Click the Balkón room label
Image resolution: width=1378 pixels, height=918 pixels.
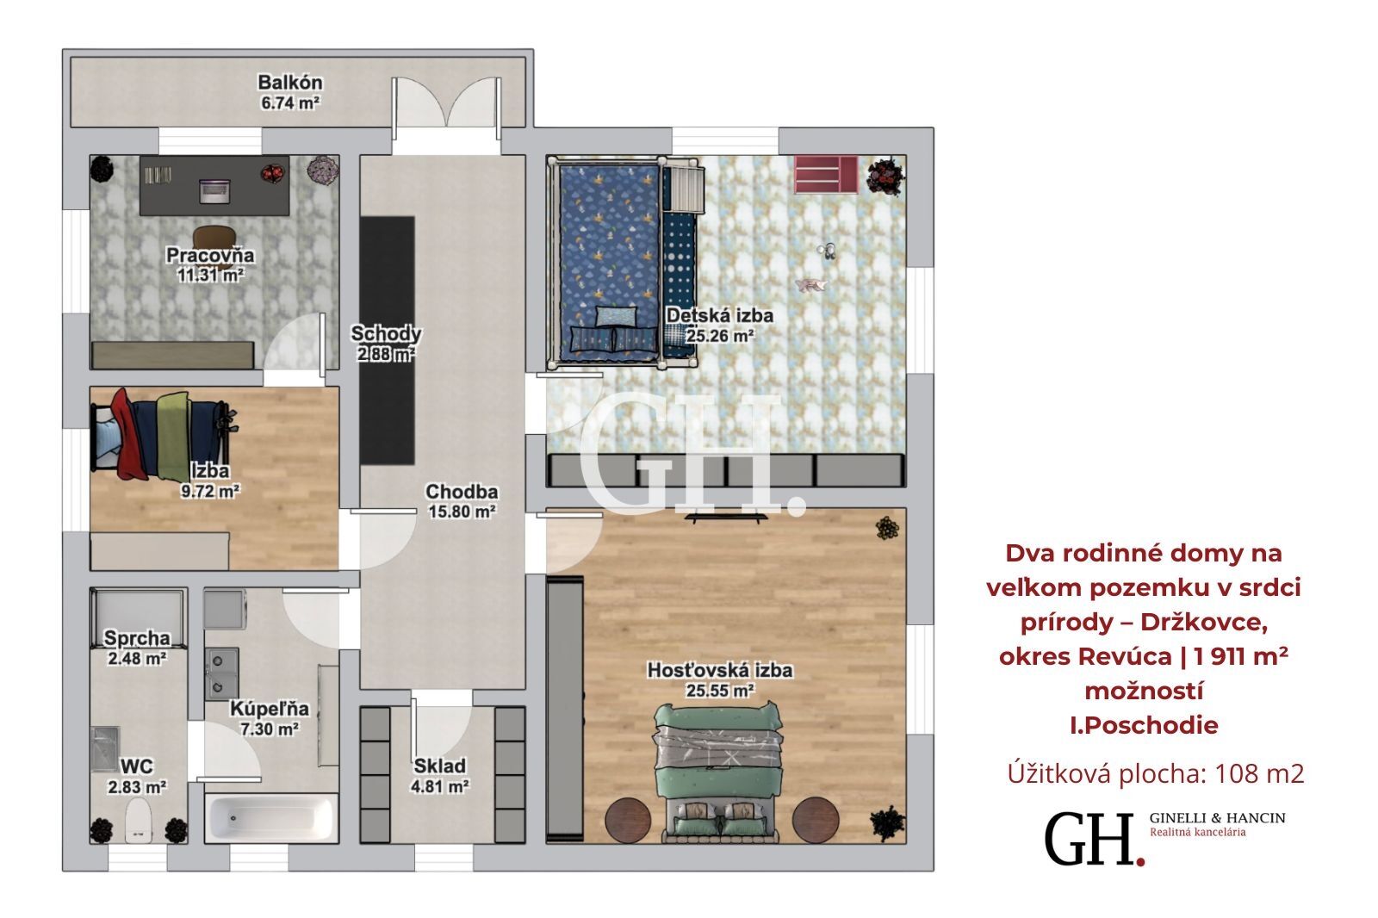(289, 82)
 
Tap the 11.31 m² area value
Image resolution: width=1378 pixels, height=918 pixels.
(210, 275)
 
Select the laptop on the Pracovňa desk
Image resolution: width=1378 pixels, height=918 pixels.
(214, 190)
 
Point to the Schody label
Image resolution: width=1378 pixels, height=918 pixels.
(386, 333)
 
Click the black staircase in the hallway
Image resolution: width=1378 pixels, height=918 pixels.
(387, 340)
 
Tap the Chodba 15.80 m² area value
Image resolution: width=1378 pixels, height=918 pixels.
(462, 512)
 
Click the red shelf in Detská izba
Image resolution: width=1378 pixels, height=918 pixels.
(826, 174)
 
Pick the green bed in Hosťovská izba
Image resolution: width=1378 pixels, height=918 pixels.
(718, 772)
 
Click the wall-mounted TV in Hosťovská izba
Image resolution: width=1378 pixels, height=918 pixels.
(726, 518)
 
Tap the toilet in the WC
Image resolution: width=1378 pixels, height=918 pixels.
(138, 821)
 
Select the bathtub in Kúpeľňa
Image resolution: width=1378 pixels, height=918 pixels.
(271, 818)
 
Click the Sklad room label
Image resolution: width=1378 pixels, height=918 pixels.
(440, 766)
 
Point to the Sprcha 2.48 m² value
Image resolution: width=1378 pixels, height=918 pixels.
(137, 658)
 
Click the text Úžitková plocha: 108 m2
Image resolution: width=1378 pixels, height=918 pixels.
(1156, 773)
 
